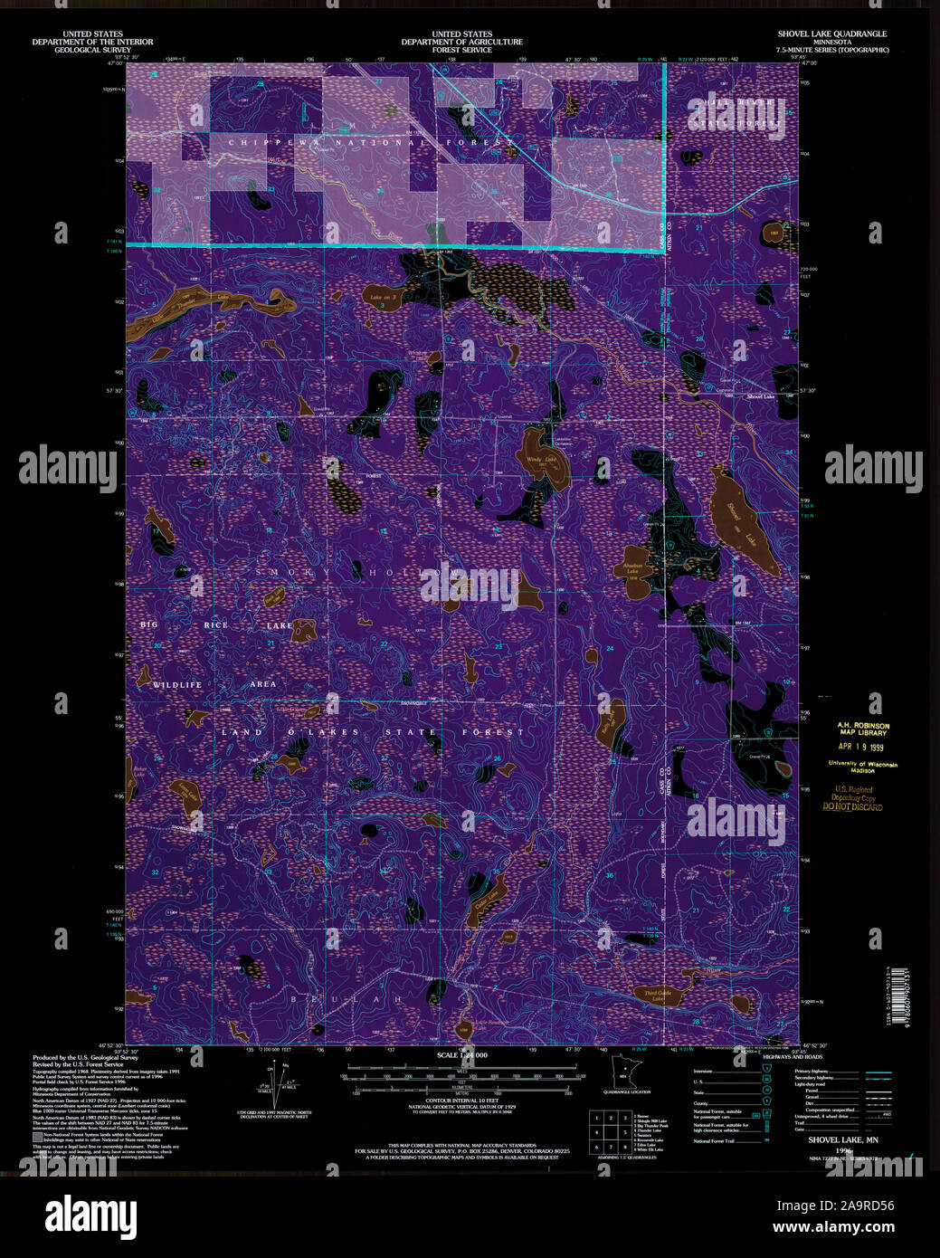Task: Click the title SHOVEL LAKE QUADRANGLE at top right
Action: (x=831, y=34)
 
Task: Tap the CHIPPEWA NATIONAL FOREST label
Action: (x=371, y=143)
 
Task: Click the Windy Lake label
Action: (x=541, y=460)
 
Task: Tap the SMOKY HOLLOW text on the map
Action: (x=362, y=573)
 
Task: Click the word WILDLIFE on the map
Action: (x=177, y=685)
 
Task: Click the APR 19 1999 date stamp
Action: (x=859, y=747)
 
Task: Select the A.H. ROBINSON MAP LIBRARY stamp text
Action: (x=862, y=729)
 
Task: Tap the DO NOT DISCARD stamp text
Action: (x=853, y=806)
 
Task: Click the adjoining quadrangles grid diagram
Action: (x=610, y=1132)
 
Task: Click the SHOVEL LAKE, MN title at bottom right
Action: (x=843, y=1140)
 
